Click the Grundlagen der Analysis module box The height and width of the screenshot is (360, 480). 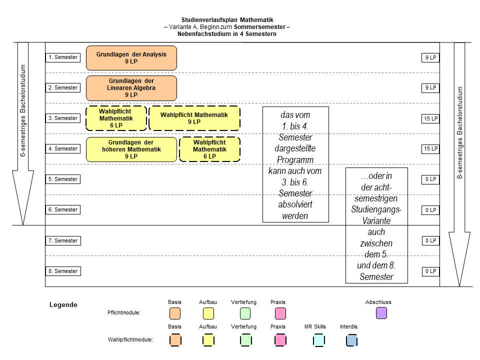pos(131,58)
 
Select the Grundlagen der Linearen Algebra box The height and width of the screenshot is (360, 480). pos(131,88)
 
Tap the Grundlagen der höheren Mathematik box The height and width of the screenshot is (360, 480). pos(131,149)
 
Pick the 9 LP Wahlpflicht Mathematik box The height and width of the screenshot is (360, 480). pos(194,118)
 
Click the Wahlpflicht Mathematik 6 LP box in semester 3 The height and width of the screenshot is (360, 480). pos(116,118)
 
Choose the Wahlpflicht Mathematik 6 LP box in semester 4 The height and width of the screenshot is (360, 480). pos(209,149)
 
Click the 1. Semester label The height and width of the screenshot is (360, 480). pos(63,57)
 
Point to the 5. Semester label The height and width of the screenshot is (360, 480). pos(63,179)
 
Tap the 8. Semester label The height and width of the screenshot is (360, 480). pos(63,271)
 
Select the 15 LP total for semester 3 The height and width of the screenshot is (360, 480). pos(430,118)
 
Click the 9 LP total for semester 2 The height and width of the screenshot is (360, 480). pos(430,88)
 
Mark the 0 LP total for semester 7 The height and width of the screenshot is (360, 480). pos(430,240)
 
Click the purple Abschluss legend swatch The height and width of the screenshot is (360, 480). pos(381,313)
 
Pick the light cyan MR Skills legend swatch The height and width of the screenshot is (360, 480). pos(318,340)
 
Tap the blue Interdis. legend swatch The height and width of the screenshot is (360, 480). pos(351,340)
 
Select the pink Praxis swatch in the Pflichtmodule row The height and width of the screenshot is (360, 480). pos(280,313)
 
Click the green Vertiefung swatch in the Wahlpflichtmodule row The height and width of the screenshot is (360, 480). pos(245,340)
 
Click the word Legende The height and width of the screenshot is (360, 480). pos(63,305)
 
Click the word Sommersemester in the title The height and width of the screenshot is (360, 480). pos(259,27)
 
